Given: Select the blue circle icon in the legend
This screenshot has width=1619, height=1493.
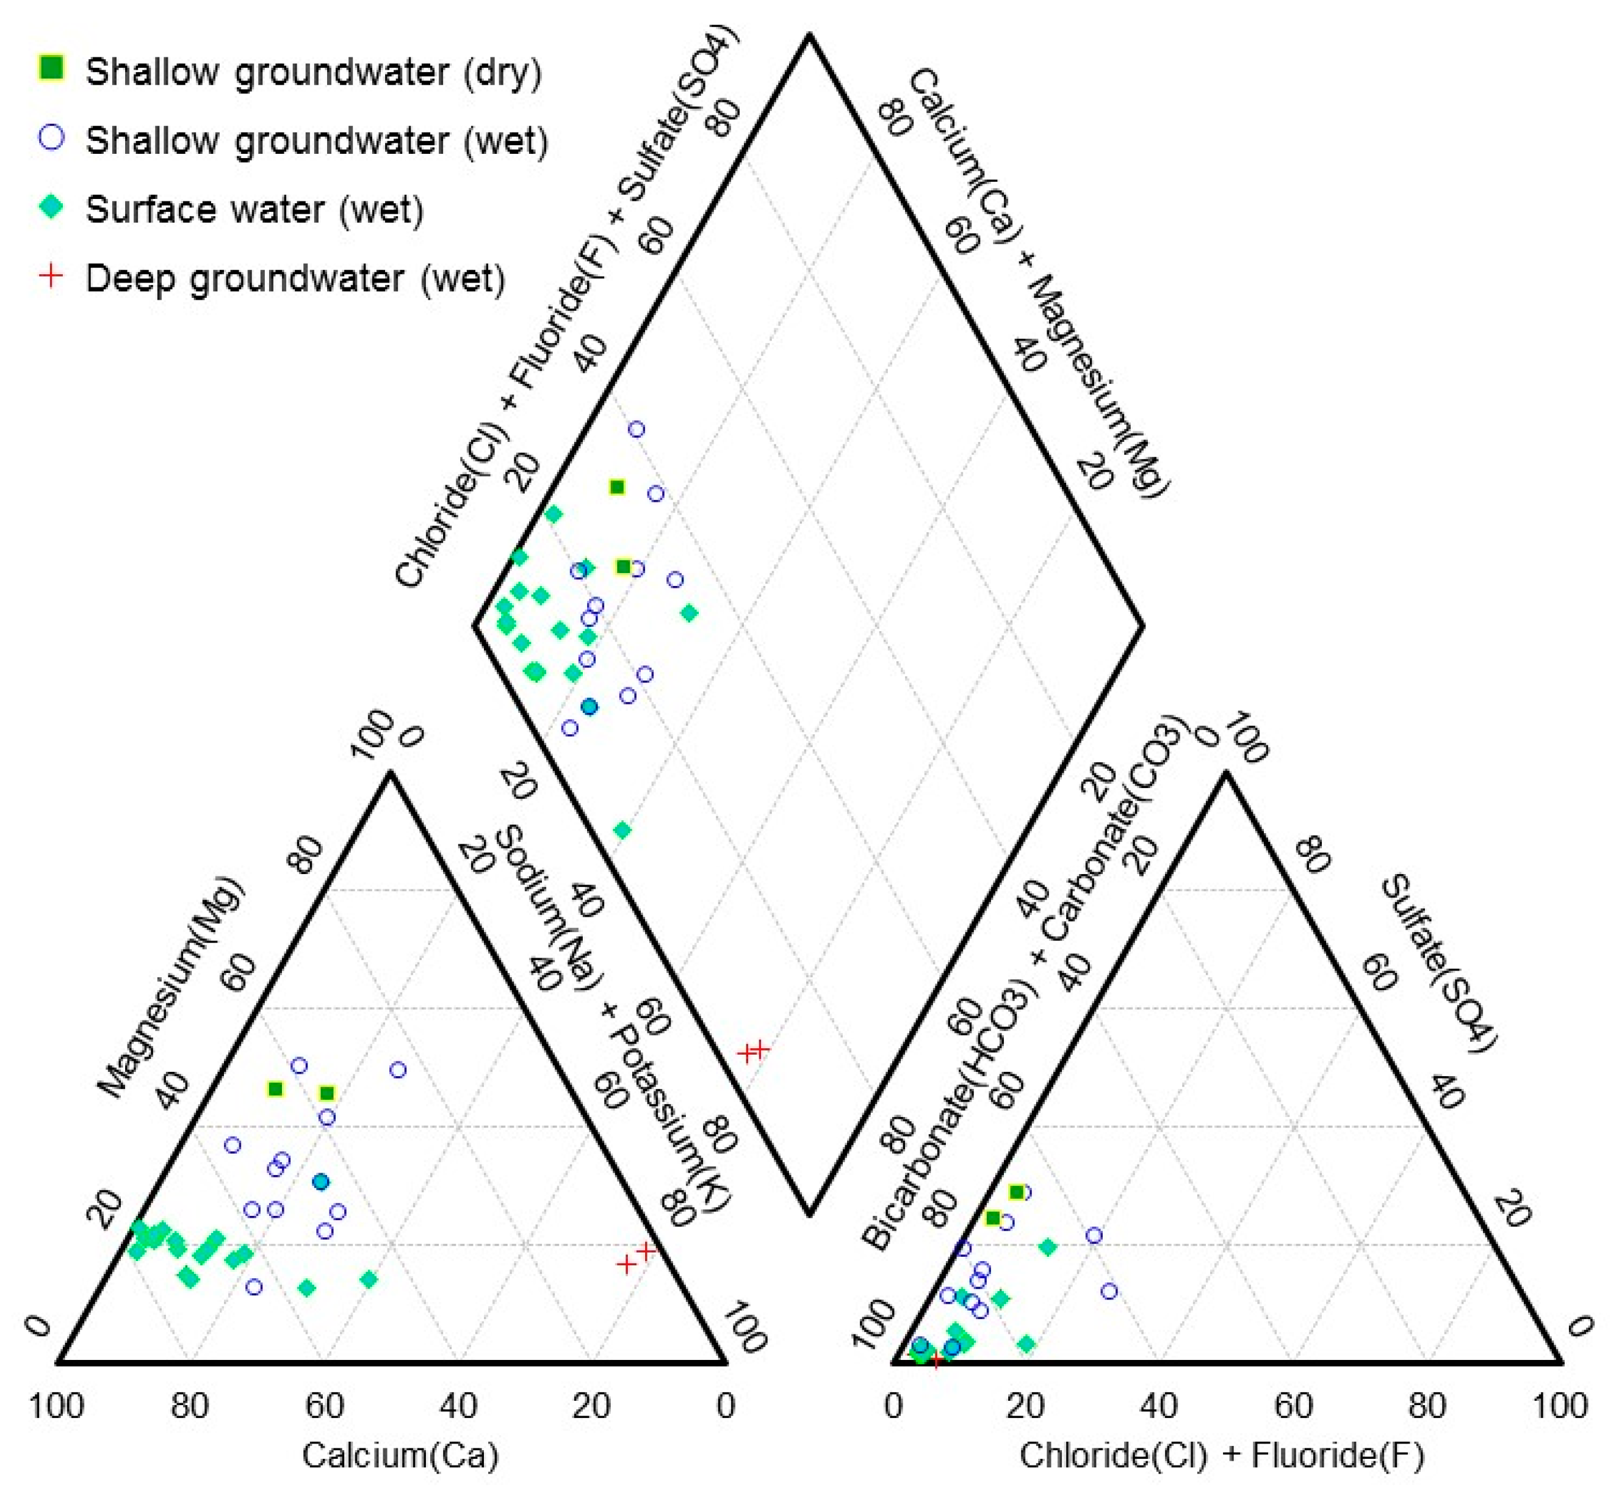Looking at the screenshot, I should pyautogui.click(x=52, y=137).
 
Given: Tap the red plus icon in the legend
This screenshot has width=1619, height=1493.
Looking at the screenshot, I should pyautogui.click(x=52, y=277).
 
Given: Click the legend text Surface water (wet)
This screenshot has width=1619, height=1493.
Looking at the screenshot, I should pyautogui.click(x=254, y=209).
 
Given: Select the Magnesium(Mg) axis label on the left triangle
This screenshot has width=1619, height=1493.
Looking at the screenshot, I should pyautogui.click(x=169, y=986).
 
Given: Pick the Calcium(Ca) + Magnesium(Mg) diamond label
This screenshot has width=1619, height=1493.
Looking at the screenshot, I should pyautogui.click(x=1038, y=283).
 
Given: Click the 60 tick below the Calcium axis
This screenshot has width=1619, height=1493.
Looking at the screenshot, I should pyautogui.click(x=325, y=1406).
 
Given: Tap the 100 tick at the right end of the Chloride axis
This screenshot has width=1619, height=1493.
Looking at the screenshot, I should pyautogui.click(x=1559, y=1406).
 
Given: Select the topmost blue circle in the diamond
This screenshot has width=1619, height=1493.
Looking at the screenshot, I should pyautogui.click(x=636, y=430).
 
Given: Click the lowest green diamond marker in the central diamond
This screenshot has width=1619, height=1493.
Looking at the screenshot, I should pyautogui.click(x=622, y=830).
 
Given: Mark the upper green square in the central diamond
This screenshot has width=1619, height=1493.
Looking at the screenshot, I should pyautogui.click(x=617, y=487).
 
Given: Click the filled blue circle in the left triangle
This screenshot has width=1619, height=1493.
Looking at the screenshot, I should pyautogui.click(x=321, y=1182).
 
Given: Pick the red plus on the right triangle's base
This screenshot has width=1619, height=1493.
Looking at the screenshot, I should pyautogui.click(x=936, y=1361).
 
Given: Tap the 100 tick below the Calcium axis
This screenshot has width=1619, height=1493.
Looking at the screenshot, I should pyautogui.click(x=57, y=1406).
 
